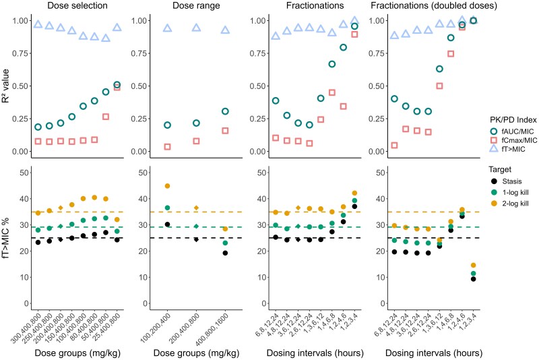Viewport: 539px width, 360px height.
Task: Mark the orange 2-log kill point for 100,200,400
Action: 167,186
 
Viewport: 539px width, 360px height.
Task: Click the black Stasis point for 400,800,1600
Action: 225,253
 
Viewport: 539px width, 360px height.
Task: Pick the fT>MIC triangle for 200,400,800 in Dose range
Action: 196,28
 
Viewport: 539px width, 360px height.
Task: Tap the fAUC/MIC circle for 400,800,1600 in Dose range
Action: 225,111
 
